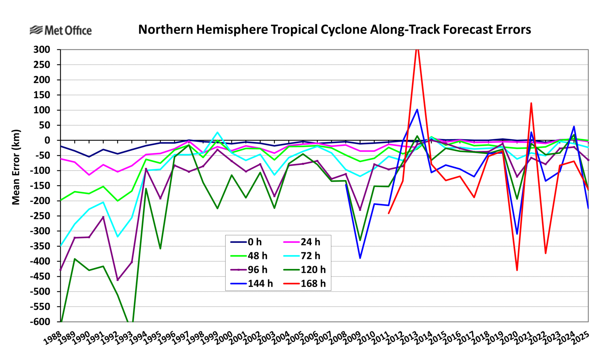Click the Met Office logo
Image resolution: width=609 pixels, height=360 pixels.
point(61,30)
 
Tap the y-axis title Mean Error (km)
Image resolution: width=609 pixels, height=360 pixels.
point(16,167)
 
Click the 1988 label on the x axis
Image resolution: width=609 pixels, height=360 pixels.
point(53,338)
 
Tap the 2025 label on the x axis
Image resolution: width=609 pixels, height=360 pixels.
point(581,338)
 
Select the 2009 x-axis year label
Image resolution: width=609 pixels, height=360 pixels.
point(353,338)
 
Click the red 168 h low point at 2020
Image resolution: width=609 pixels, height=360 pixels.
point(517,270)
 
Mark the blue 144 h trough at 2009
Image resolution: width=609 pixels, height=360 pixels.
point(360,258)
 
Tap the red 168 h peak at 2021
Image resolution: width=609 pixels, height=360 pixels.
point(531,103)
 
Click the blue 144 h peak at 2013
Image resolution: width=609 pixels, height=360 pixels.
point(417,110)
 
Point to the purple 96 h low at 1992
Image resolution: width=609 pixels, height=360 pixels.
point(118,280)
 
